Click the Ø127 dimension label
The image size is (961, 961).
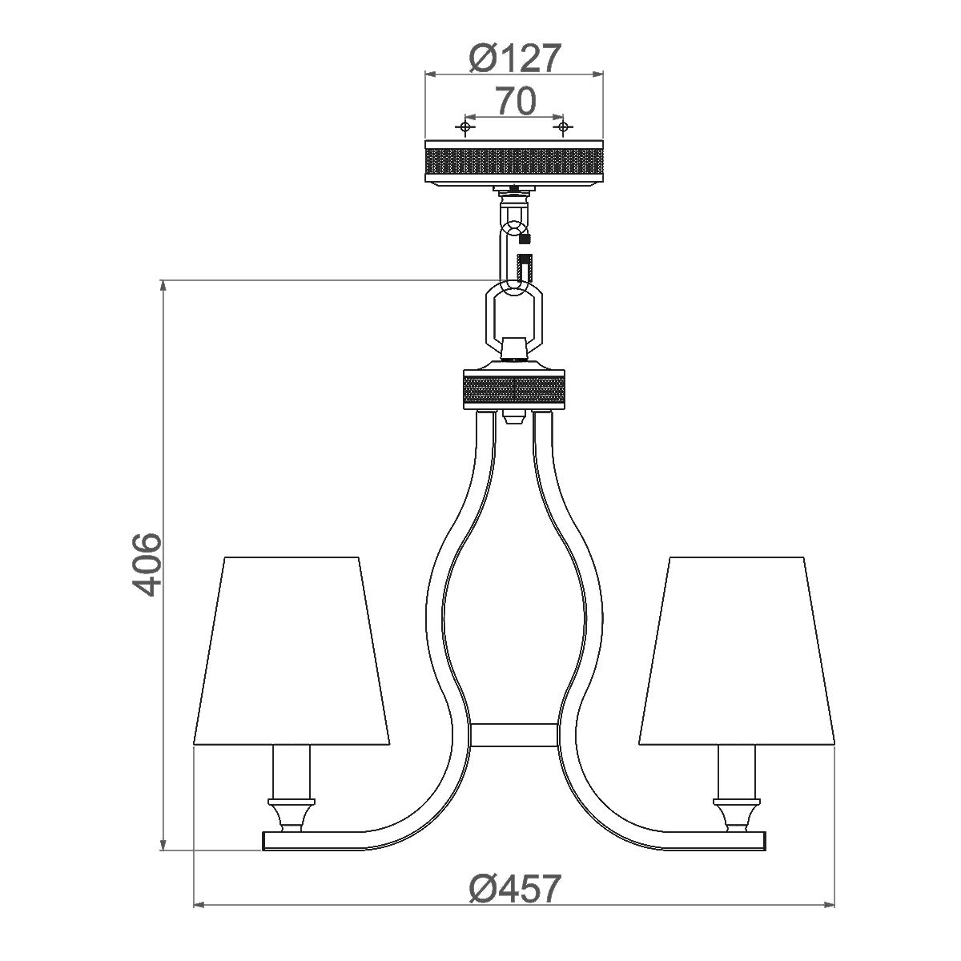pos(513,57)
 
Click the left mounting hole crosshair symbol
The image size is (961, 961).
pos(464,127)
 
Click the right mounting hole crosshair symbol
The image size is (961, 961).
pos(564,127)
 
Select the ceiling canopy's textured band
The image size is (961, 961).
pos(513,159)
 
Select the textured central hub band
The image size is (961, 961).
pos(513,391)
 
